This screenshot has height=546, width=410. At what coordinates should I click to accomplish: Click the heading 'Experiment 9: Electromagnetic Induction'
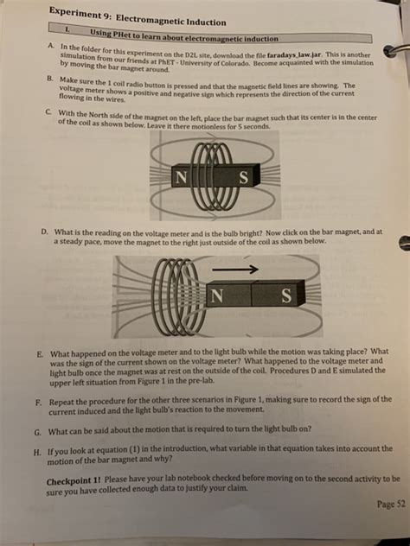coord(138,16)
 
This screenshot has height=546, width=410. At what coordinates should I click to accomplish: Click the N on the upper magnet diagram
coord(181,177)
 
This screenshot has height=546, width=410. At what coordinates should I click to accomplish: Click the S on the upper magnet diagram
coord(244,178)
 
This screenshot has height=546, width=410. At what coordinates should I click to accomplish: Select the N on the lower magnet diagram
coord(217,295)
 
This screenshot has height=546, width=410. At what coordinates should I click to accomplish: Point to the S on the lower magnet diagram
coord(286,296)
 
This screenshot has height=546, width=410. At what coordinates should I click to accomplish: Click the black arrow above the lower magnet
coord(235,269)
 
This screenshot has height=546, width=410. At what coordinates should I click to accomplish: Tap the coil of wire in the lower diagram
coord(174,296)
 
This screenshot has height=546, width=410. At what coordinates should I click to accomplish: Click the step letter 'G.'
coord(38,433)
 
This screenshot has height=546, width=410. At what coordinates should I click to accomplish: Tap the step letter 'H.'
coord(37,453)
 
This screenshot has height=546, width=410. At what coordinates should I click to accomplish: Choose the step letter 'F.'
coord(39,403)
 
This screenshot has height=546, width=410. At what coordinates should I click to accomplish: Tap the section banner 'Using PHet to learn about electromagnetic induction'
coord(184,36)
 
